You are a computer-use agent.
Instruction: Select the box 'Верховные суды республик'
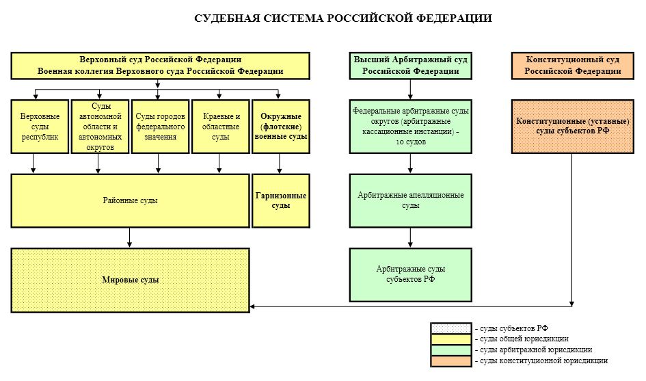tap(40, 127)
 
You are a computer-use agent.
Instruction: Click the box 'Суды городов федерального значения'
tap(159, 127)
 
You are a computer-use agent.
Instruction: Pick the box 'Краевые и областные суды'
tap(220, 127)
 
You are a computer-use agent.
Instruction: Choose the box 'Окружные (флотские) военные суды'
tap(280, 127)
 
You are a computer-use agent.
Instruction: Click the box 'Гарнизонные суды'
tap(280, 200)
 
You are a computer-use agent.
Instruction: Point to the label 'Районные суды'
tap(130, 200)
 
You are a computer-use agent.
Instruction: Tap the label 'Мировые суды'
tap(130, 280)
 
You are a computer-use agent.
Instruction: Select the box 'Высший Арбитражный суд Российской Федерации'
tap(410, 66)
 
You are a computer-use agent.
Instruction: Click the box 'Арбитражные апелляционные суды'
tap(410, 200)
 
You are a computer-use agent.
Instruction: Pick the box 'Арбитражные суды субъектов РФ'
tap(410, 274)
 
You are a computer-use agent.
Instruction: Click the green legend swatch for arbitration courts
tap(450, 350)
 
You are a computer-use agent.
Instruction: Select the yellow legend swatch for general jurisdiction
tap(450, 339)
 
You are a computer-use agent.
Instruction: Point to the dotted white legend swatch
tap(450, 328)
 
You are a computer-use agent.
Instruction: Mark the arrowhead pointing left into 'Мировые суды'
tap(254, 307)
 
